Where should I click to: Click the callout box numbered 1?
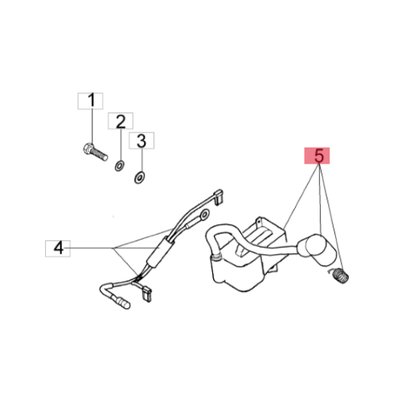pos(90,101)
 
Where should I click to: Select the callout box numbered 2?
pos(121,121)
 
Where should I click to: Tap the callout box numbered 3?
pos(142,141)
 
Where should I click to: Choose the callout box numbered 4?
pos(58,248)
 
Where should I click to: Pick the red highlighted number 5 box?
pos(317,155)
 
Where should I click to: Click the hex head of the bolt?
pos(88,148)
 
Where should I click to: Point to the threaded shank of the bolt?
pos(100,154)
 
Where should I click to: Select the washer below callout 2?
pos(119,166)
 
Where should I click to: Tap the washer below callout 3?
pos(139,178)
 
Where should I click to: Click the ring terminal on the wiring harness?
pos(205,215)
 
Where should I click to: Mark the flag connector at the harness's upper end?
pos(218,196)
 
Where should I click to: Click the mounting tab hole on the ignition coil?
pos(259,221)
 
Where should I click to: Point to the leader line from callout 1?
pos(92,126)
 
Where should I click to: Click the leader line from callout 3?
pos(142,161)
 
